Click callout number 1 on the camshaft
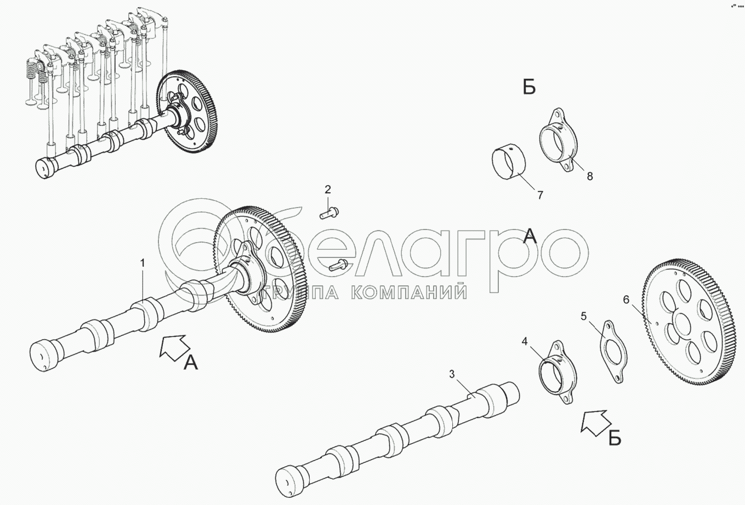coord(143,263)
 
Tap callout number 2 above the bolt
coord(328,190)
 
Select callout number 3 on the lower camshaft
coord(452,375)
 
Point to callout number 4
coord(525,341)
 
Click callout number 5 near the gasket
coord(584,316)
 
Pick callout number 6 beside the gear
coord(626,300)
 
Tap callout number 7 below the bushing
coord(540,195)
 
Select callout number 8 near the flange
coord(590,176)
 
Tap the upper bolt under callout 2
coord(329,213)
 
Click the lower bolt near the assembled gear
coord(338,265)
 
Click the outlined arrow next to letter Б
coord(595,421)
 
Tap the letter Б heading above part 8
coord(529,88)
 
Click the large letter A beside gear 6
coord(530,236)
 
